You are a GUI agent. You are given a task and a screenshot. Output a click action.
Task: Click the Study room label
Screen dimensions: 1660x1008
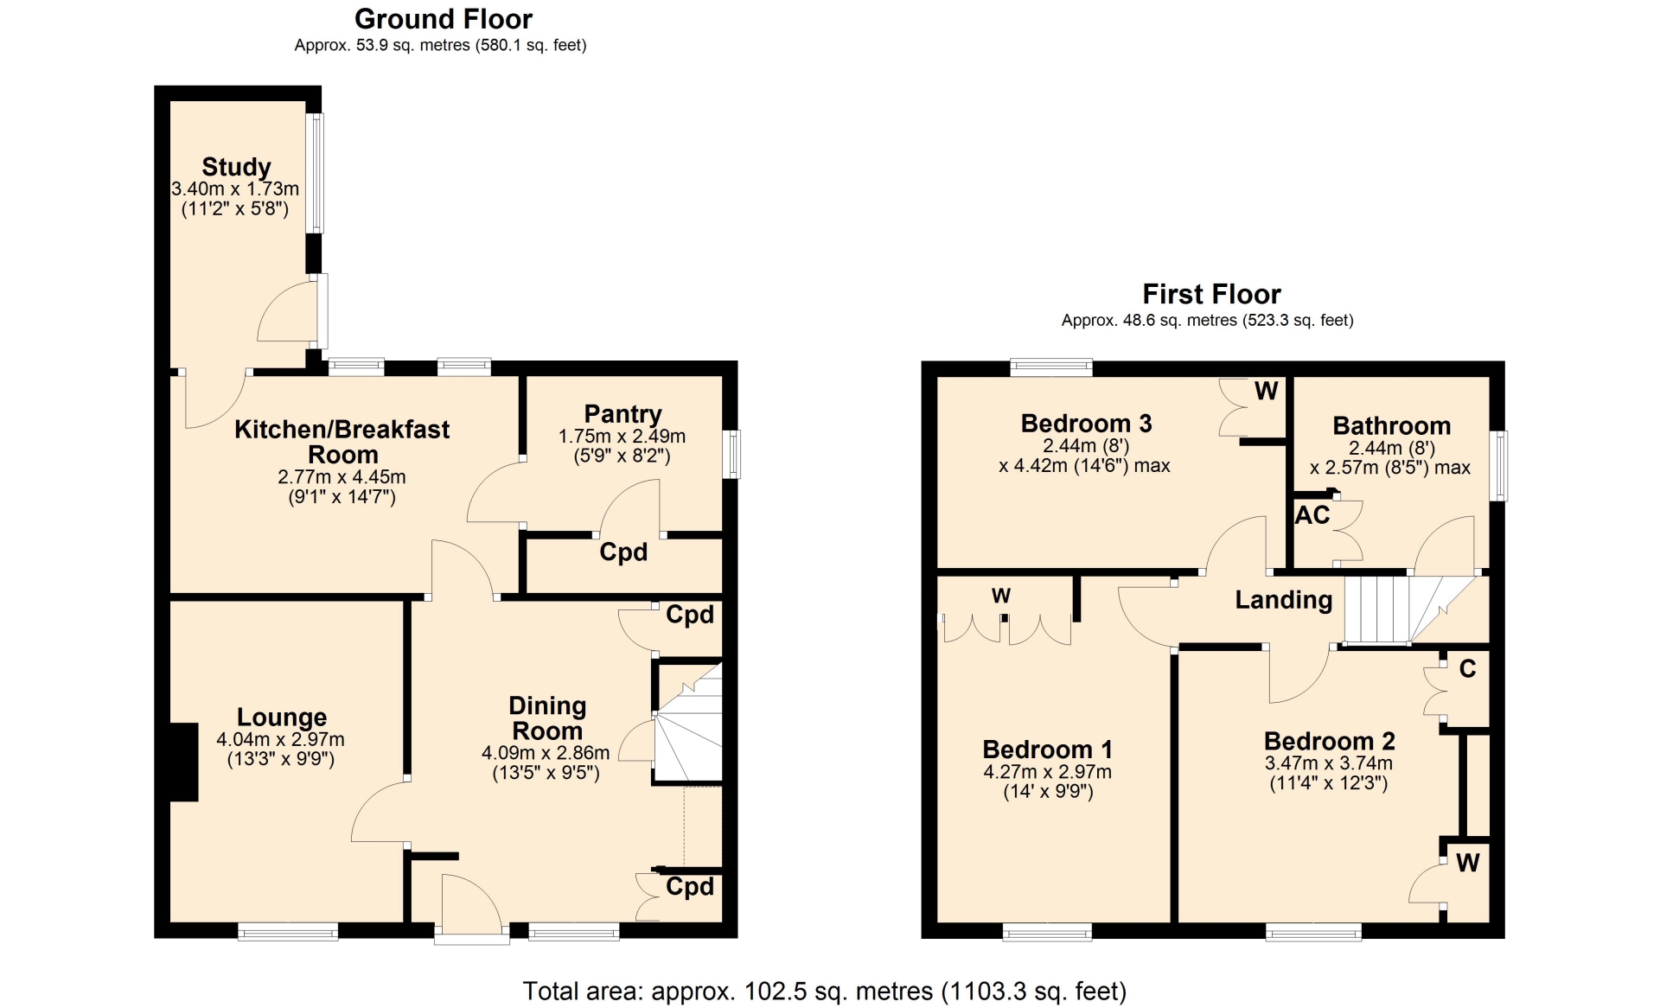point(236,166)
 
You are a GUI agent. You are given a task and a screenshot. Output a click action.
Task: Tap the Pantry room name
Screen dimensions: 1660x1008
point(622,414)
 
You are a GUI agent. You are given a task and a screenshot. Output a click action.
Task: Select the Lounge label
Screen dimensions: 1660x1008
point(282,718)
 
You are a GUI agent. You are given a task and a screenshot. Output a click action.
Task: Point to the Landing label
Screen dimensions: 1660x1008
point(1283,600)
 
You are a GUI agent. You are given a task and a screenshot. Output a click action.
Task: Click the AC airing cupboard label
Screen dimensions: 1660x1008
point(1312,515)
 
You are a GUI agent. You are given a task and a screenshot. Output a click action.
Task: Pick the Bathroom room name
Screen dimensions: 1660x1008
point(1391,425)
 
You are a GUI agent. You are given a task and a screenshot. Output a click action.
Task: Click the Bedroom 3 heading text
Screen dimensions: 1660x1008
point(1086,424)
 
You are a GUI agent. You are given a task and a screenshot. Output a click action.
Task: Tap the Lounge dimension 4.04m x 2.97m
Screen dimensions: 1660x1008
point(280,739)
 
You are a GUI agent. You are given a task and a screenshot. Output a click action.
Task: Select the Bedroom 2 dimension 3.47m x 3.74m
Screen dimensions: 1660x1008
point(1328,762)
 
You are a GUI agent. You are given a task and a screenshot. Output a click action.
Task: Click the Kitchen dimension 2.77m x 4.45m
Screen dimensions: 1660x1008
point(342,476)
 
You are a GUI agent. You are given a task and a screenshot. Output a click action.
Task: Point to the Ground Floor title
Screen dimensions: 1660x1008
point(444,19)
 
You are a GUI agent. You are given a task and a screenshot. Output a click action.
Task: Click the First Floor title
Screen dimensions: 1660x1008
point(1211,294)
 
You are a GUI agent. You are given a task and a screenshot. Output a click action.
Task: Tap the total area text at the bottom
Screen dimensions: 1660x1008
point(824,991)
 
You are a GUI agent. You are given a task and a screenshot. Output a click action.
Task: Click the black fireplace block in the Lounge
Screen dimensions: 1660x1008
point(184,762)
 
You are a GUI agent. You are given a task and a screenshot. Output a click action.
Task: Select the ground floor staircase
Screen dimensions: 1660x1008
point(687,723)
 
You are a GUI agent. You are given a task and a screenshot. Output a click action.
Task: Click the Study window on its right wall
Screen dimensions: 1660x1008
point(316,173)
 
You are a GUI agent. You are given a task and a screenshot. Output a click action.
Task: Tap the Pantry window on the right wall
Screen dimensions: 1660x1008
point(731,454)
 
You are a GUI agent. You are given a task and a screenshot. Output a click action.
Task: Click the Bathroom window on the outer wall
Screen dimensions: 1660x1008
point(1499,466)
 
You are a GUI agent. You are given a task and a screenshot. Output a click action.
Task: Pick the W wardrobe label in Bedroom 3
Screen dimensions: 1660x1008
point(1266,392)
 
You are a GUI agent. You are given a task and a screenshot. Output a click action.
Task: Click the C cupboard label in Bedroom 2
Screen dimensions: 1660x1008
point(1467,669)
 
